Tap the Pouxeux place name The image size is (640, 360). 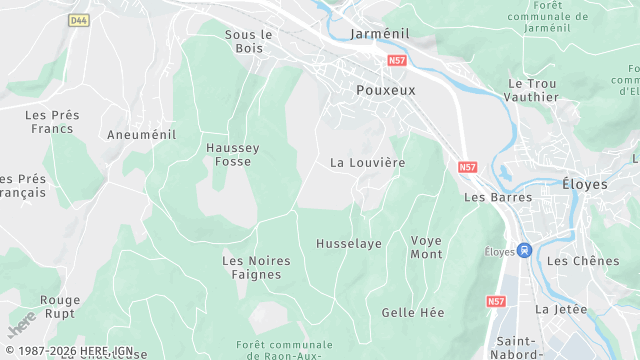386,89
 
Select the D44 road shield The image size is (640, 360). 78,20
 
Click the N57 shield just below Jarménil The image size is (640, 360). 397,61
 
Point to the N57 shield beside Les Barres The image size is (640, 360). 467,167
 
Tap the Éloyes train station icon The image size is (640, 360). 526,251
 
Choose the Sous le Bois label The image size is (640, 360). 249,41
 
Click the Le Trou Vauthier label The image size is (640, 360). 533,90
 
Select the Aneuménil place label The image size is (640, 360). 141,134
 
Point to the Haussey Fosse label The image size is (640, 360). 233,154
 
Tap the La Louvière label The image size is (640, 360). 367,162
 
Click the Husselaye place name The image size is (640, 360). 349,244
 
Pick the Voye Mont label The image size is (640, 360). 426,247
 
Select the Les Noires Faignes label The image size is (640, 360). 256,267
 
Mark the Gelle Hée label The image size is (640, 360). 413,312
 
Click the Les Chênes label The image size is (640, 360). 584,261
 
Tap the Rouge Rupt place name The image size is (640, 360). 60,306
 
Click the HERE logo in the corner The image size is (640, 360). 22,323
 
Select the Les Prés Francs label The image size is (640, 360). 53,122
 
